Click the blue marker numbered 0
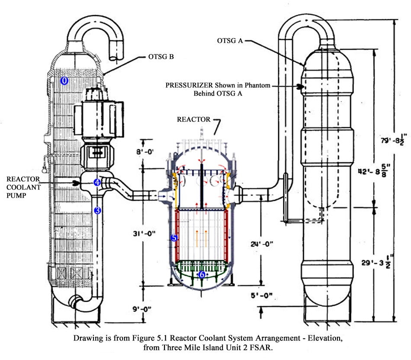tap(64, 80)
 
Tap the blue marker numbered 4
tap(97, 183)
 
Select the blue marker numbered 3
tap(98, 210)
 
